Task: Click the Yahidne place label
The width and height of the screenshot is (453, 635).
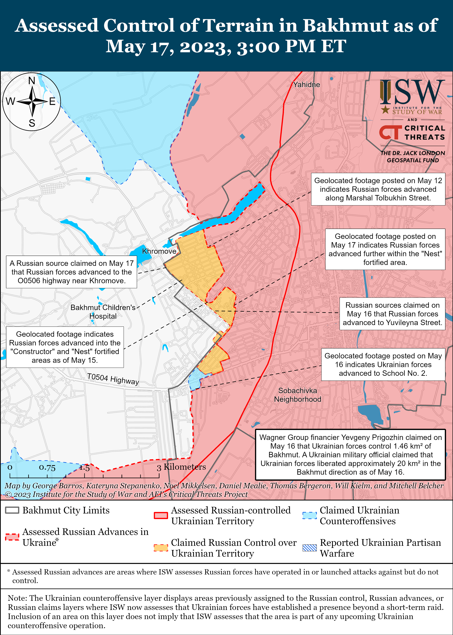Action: click(x=306, y=85)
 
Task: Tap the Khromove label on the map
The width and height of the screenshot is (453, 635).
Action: click(x=159, y=251)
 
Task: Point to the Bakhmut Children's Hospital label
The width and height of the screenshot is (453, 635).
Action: click(x=103, y=311)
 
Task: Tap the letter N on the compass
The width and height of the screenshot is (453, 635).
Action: click(x=32, y=81)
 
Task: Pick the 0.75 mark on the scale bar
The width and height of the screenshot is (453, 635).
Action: click(x=47, y=468)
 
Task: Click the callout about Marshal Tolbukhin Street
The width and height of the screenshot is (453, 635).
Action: click(x=378, y=189)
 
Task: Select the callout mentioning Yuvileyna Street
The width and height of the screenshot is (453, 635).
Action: click(x=392, y=314)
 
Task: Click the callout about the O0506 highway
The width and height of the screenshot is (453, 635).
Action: click(x=71, y=272)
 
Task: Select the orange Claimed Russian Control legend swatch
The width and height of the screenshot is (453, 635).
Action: click(x=161, y=548)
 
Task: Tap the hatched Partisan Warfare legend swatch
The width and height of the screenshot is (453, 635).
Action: click(x=310, y=548)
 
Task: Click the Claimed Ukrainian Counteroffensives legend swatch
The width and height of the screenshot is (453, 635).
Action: click(x=310, y=515)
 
